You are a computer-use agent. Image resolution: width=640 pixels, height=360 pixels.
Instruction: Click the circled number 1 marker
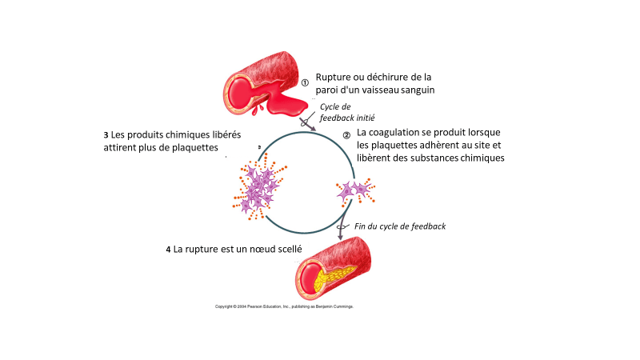305,82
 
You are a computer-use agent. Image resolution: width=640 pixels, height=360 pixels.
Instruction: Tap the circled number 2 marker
346,135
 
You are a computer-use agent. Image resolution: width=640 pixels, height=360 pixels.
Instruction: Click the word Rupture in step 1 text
336,76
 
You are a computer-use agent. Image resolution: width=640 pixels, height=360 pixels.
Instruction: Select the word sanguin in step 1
416,90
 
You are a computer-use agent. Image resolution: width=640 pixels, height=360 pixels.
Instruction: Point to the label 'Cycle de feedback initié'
336,112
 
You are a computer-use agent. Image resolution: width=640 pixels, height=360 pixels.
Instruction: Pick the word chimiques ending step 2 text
479,158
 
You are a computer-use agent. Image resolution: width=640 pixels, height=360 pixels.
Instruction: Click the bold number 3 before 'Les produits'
106,134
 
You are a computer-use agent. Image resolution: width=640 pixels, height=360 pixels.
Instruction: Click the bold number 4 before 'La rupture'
168,250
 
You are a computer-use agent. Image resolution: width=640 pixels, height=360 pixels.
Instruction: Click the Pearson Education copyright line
284,306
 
